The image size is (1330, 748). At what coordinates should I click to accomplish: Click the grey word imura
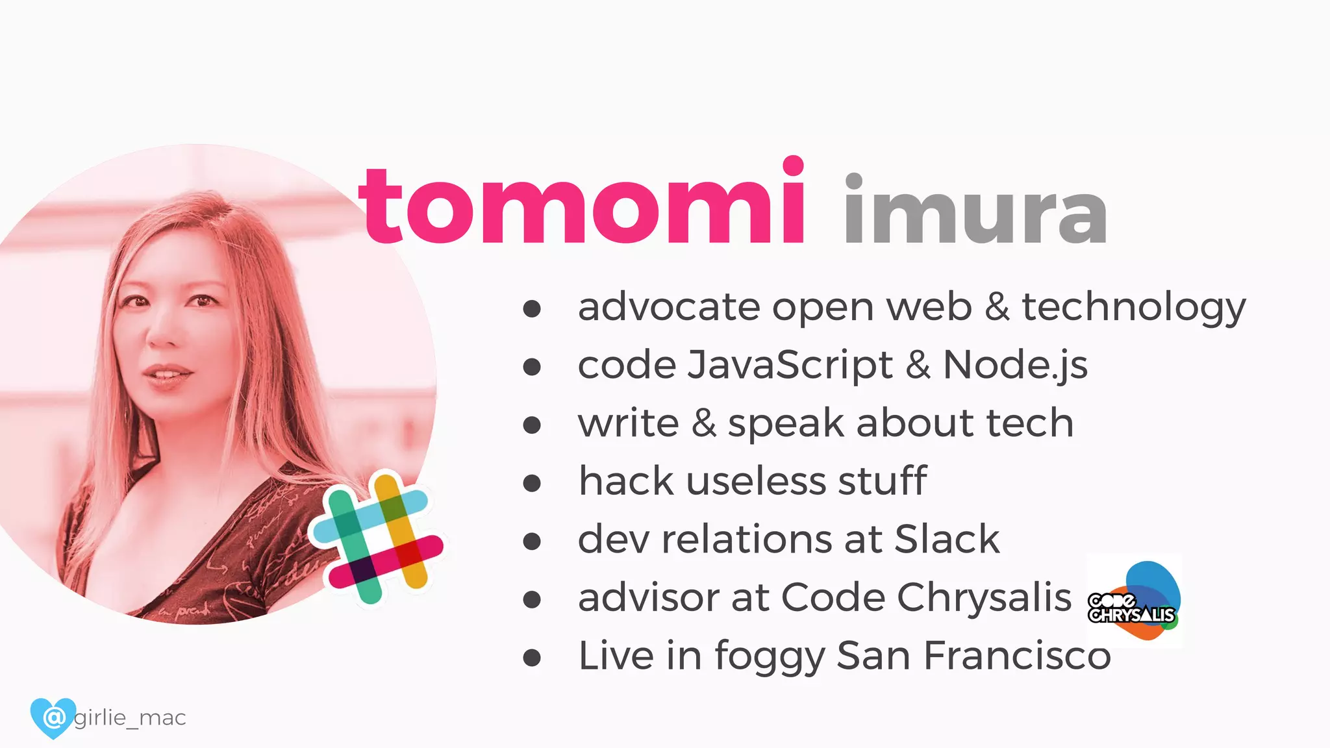975,212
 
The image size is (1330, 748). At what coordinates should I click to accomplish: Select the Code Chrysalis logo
1134,601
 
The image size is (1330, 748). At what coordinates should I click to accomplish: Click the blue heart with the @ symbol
53,717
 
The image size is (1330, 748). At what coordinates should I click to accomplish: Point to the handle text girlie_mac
130,718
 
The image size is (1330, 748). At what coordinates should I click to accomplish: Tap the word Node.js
1014,365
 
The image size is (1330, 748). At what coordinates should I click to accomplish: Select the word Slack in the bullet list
947,539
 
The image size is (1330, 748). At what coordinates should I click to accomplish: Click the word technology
1133,308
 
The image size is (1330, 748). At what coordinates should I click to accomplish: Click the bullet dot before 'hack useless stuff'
532,483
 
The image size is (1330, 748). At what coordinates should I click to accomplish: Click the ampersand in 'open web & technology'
997,306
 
